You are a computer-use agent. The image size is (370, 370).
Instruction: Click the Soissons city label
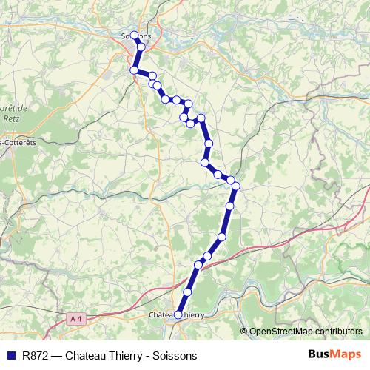(135, 36)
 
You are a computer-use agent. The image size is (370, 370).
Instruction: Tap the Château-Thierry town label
(177, 314)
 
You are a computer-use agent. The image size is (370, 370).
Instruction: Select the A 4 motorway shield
(75, 319)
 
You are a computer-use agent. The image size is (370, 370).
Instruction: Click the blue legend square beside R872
(10, 355)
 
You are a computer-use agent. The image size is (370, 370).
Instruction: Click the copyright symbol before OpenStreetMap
(244, 332)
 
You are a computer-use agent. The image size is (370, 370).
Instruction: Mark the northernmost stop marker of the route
(134, 35)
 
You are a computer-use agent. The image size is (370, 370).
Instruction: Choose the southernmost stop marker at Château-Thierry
(178, 314)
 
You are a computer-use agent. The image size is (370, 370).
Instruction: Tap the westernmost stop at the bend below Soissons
(134, 70)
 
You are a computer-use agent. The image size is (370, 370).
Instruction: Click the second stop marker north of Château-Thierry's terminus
(198, 265)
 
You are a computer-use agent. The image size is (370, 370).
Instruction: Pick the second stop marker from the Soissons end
(141, 47)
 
